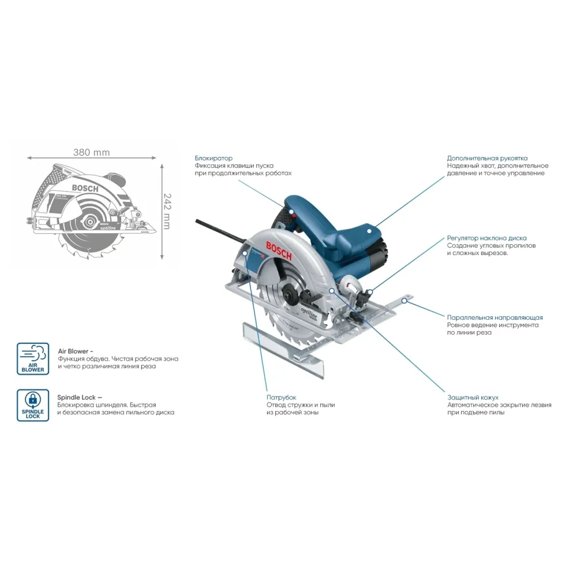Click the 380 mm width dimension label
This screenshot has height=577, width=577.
click(91, 153)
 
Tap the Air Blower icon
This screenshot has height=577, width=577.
click(33, 358)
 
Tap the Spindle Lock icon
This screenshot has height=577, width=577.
click(33, 404)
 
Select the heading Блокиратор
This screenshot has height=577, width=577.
click(213, 158)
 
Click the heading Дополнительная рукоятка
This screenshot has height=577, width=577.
click(487, 158)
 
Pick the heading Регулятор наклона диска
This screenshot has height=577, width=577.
click(486, 238)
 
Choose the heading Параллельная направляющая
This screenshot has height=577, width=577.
click(494, 317)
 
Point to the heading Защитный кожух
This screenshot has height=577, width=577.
click(473, 398)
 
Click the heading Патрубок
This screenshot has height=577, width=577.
click(281, 398)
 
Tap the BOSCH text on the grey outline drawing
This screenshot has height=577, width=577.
click(85, 188)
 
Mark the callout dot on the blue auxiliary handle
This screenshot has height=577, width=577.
click(370, 230)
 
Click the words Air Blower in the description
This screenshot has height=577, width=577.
click(73, 350)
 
